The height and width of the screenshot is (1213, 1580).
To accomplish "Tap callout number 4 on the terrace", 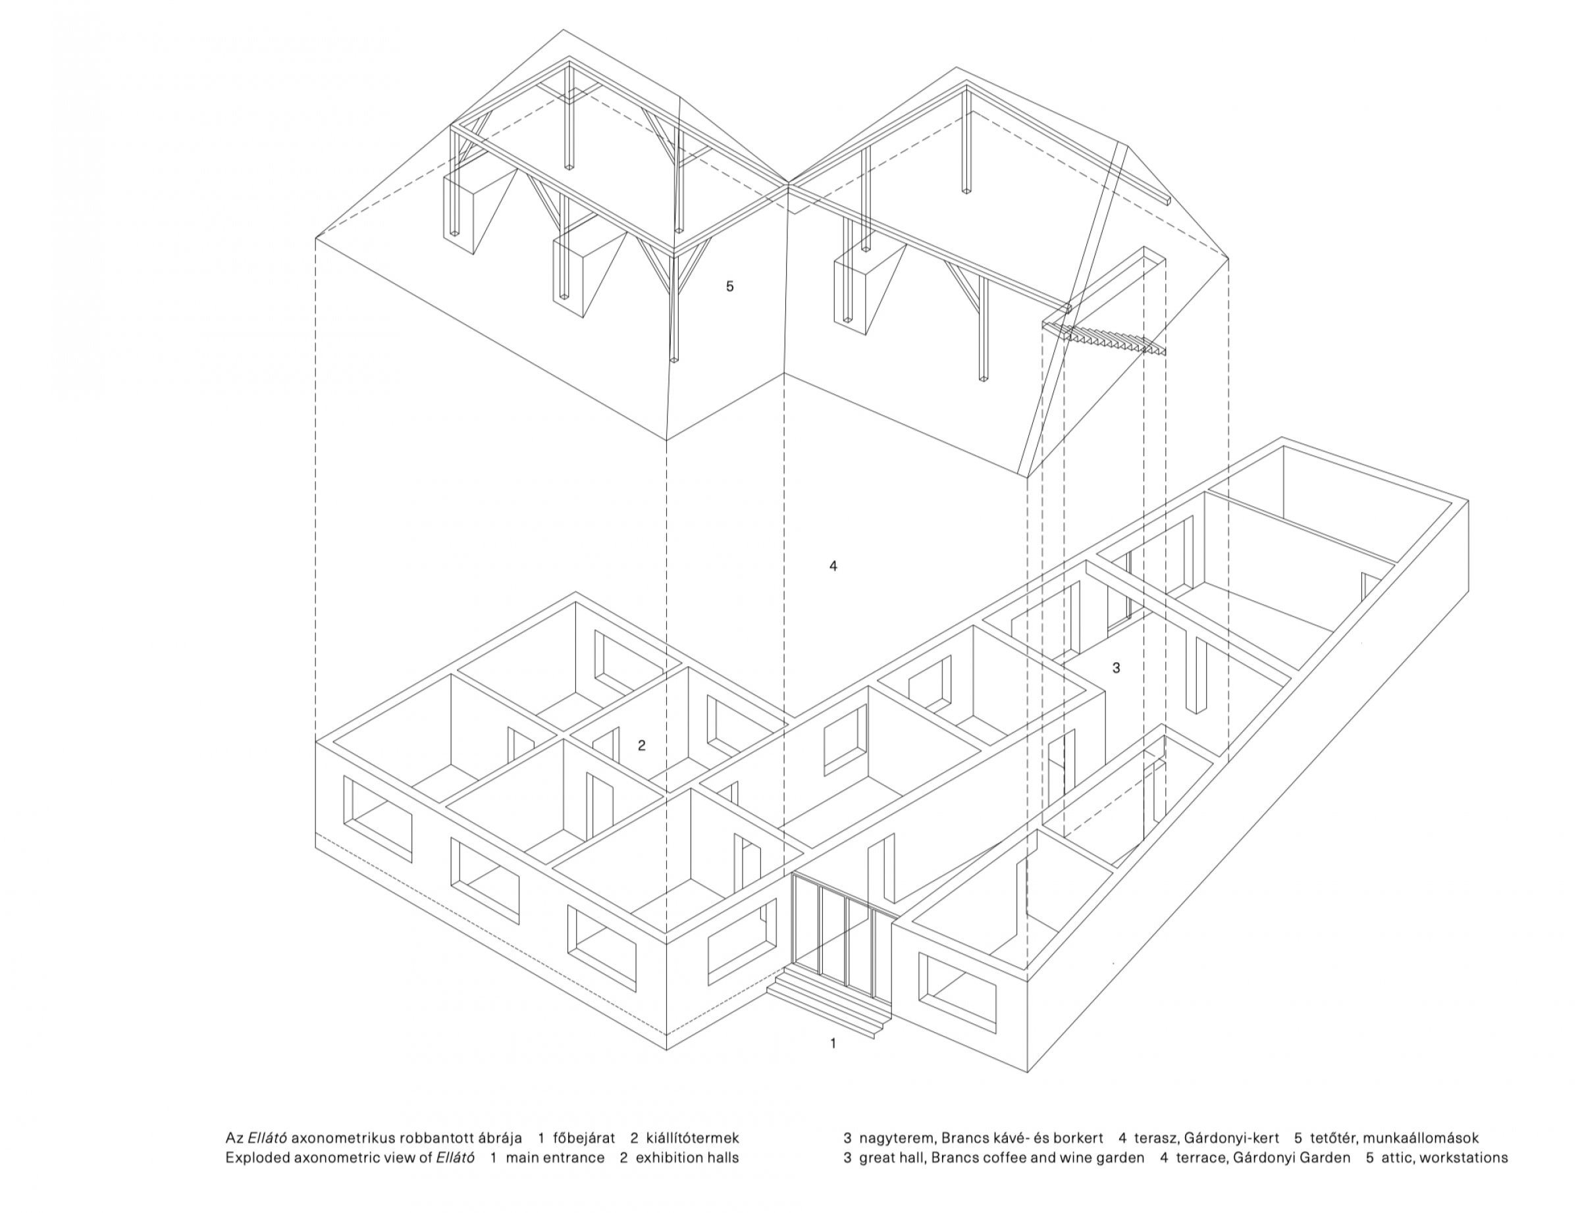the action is pos(833,566).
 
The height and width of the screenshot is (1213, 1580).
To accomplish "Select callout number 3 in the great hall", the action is pos(1116,668).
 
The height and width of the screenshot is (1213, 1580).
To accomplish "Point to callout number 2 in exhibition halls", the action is pos(641,746).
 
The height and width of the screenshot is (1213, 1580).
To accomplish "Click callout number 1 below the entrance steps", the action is pos(833,1043).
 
